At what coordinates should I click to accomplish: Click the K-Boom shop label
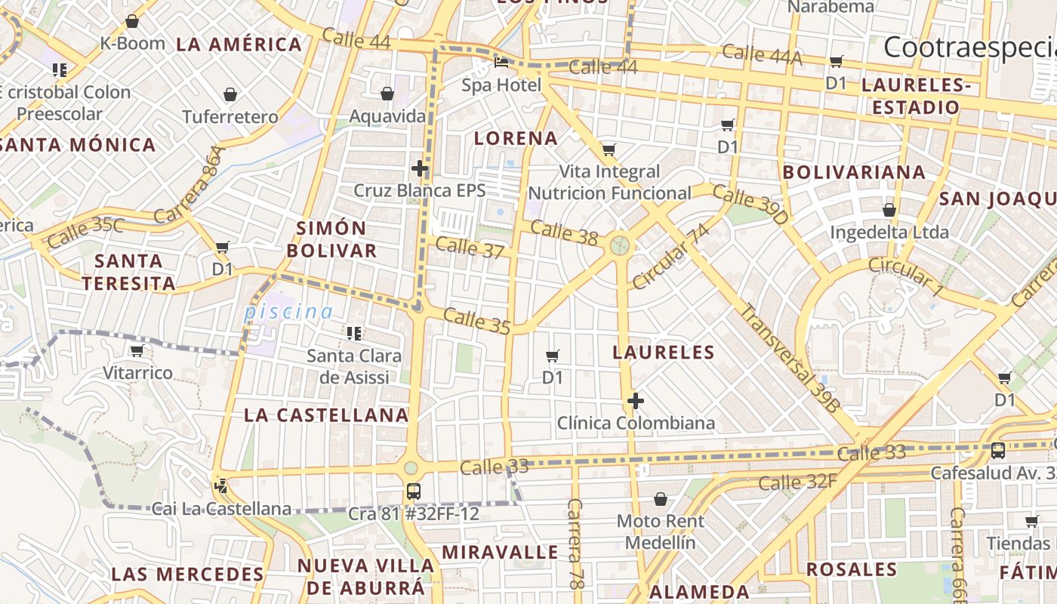pos(132,43)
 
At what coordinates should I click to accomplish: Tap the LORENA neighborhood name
pos(516,138)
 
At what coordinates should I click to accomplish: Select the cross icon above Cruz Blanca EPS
pos(420,168)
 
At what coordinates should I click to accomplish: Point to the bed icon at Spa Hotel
pos(501,63)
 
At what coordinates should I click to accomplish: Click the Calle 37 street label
pos(470,247)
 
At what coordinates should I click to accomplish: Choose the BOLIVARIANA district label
pos(854,172)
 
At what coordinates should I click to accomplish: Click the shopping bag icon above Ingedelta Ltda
pos(889,210)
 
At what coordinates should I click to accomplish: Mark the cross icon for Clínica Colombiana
pos(636,400)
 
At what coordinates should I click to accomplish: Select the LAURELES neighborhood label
pos(664,352)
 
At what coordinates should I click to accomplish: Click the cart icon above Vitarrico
pos(137,351)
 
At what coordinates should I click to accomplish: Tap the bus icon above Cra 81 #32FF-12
pos(413,492)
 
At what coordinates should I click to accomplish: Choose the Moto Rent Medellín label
pos(661,532)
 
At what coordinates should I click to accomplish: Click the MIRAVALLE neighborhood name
pos(500,552)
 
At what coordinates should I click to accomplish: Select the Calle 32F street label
pos(798,482)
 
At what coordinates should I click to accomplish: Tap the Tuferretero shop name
pos(230,117)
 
